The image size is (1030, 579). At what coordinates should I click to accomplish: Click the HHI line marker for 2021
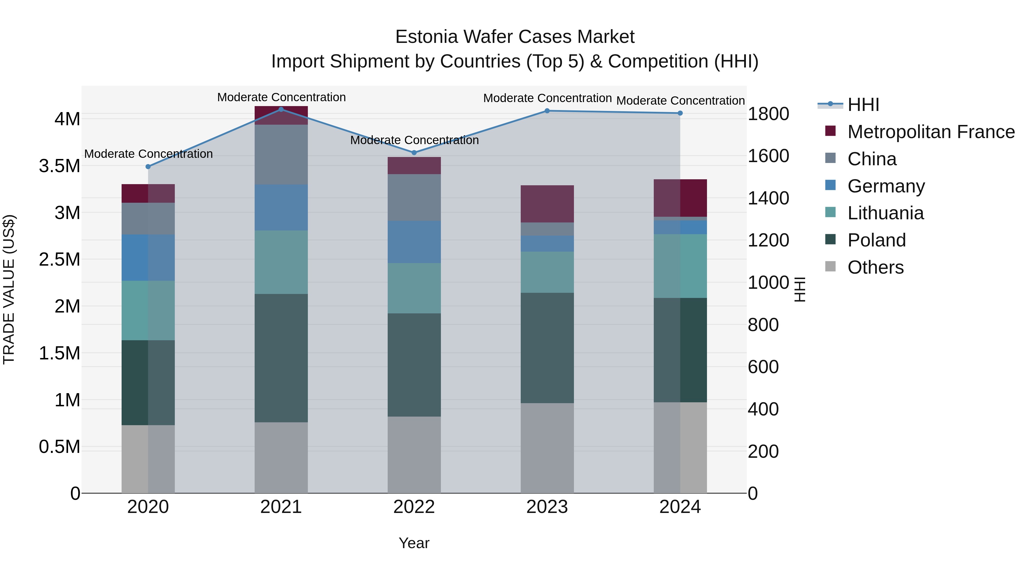281,110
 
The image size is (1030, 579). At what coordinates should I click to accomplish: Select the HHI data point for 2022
414,153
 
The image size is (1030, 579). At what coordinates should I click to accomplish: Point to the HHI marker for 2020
148,167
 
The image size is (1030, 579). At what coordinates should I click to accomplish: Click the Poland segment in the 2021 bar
281,358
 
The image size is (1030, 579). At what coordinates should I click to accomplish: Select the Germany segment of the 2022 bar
414,242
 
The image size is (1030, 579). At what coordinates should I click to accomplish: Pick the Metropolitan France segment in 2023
547,204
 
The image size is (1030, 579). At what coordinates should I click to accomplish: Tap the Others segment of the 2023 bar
547,447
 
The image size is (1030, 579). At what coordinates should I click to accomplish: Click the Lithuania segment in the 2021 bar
281,262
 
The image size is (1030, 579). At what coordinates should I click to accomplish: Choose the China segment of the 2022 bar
414,197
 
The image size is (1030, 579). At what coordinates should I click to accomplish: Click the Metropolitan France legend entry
931,132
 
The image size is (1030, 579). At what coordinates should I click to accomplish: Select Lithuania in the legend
885,213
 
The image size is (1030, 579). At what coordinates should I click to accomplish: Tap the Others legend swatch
831,266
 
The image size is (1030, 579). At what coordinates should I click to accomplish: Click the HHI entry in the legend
863,105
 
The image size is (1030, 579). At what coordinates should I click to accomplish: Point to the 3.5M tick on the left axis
59,166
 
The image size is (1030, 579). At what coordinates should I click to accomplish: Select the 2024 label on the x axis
680,507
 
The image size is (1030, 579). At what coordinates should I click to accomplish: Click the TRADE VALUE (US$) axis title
9,289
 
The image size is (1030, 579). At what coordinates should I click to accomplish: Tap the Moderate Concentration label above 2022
414,140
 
